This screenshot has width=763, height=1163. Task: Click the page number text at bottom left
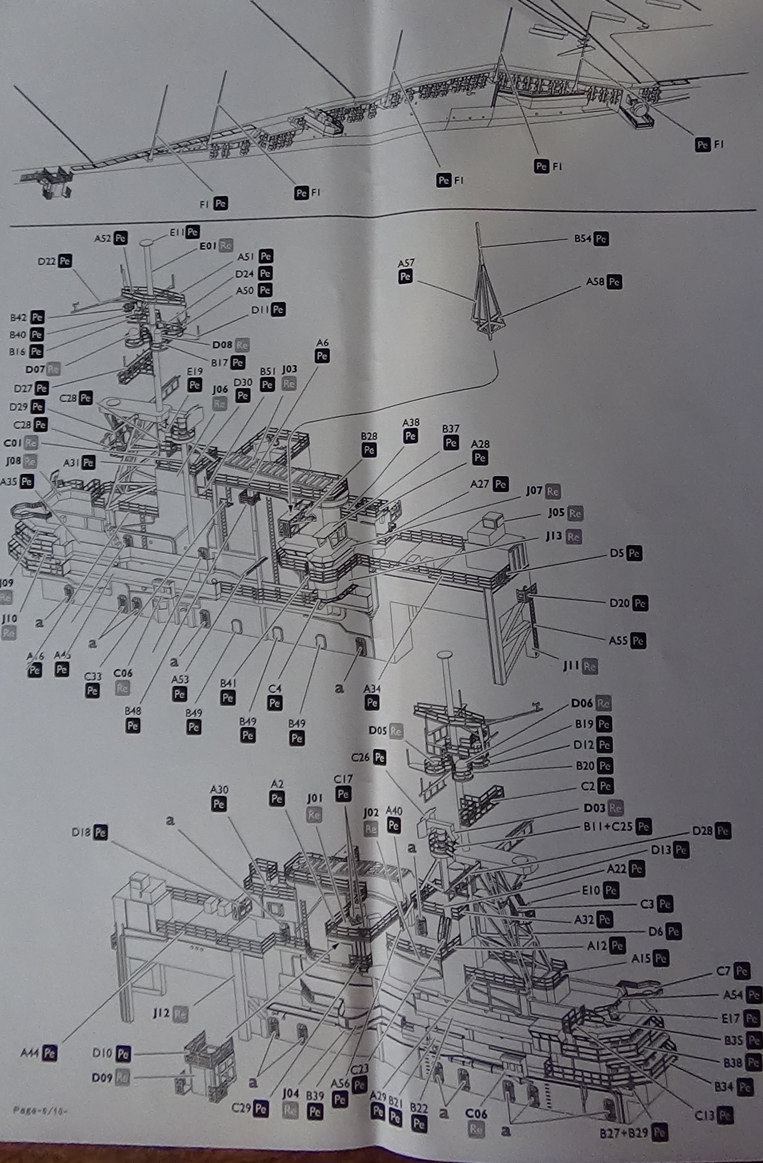pyautogui.click(x=39, y=1111)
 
